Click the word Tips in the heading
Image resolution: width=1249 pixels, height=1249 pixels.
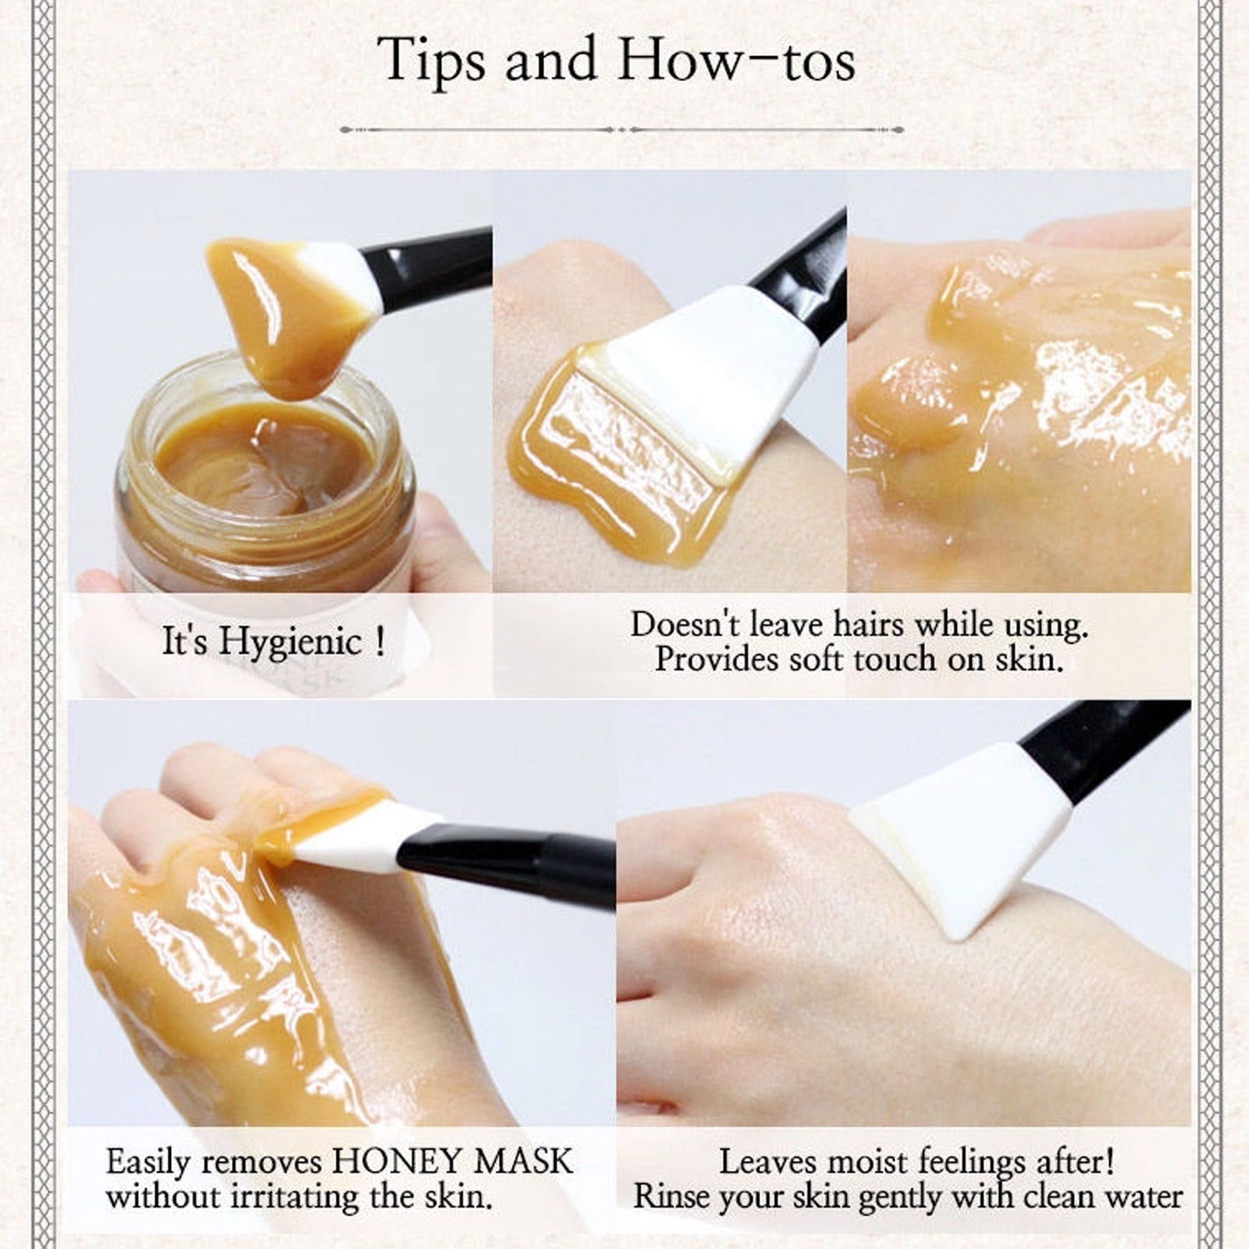pos(432,61)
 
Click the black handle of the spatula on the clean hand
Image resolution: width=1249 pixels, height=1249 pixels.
pos(1108,749)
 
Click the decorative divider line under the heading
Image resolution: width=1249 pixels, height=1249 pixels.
pos(622,130)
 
